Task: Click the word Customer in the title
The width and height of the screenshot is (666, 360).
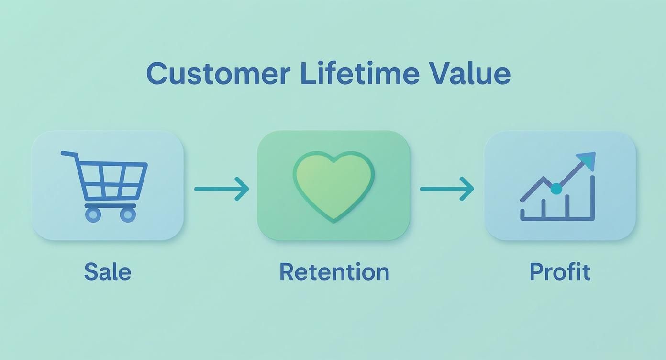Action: coord(218,73)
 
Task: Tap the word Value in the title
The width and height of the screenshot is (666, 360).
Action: coord(469,73)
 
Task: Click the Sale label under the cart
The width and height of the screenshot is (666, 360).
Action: coord(107,271)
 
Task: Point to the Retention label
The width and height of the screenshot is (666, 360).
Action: coord(334,271)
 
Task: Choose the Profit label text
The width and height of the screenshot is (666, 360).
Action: coord(560,271)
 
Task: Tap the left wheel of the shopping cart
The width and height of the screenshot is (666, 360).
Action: coord(93,214)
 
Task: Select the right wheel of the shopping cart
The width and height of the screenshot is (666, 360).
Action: coord(127,214)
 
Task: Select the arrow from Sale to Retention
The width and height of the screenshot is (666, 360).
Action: coord(222,189)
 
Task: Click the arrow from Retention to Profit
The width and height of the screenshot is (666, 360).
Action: coord(447,189)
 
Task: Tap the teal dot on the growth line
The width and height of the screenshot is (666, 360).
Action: coord(556,189)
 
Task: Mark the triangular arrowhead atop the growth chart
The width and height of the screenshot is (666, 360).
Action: coord(588,160)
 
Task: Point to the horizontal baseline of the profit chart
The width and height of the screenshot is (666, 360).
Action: coord(557,219)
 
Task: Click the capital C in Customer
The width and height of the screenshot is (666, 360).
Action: coord(157,74)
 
